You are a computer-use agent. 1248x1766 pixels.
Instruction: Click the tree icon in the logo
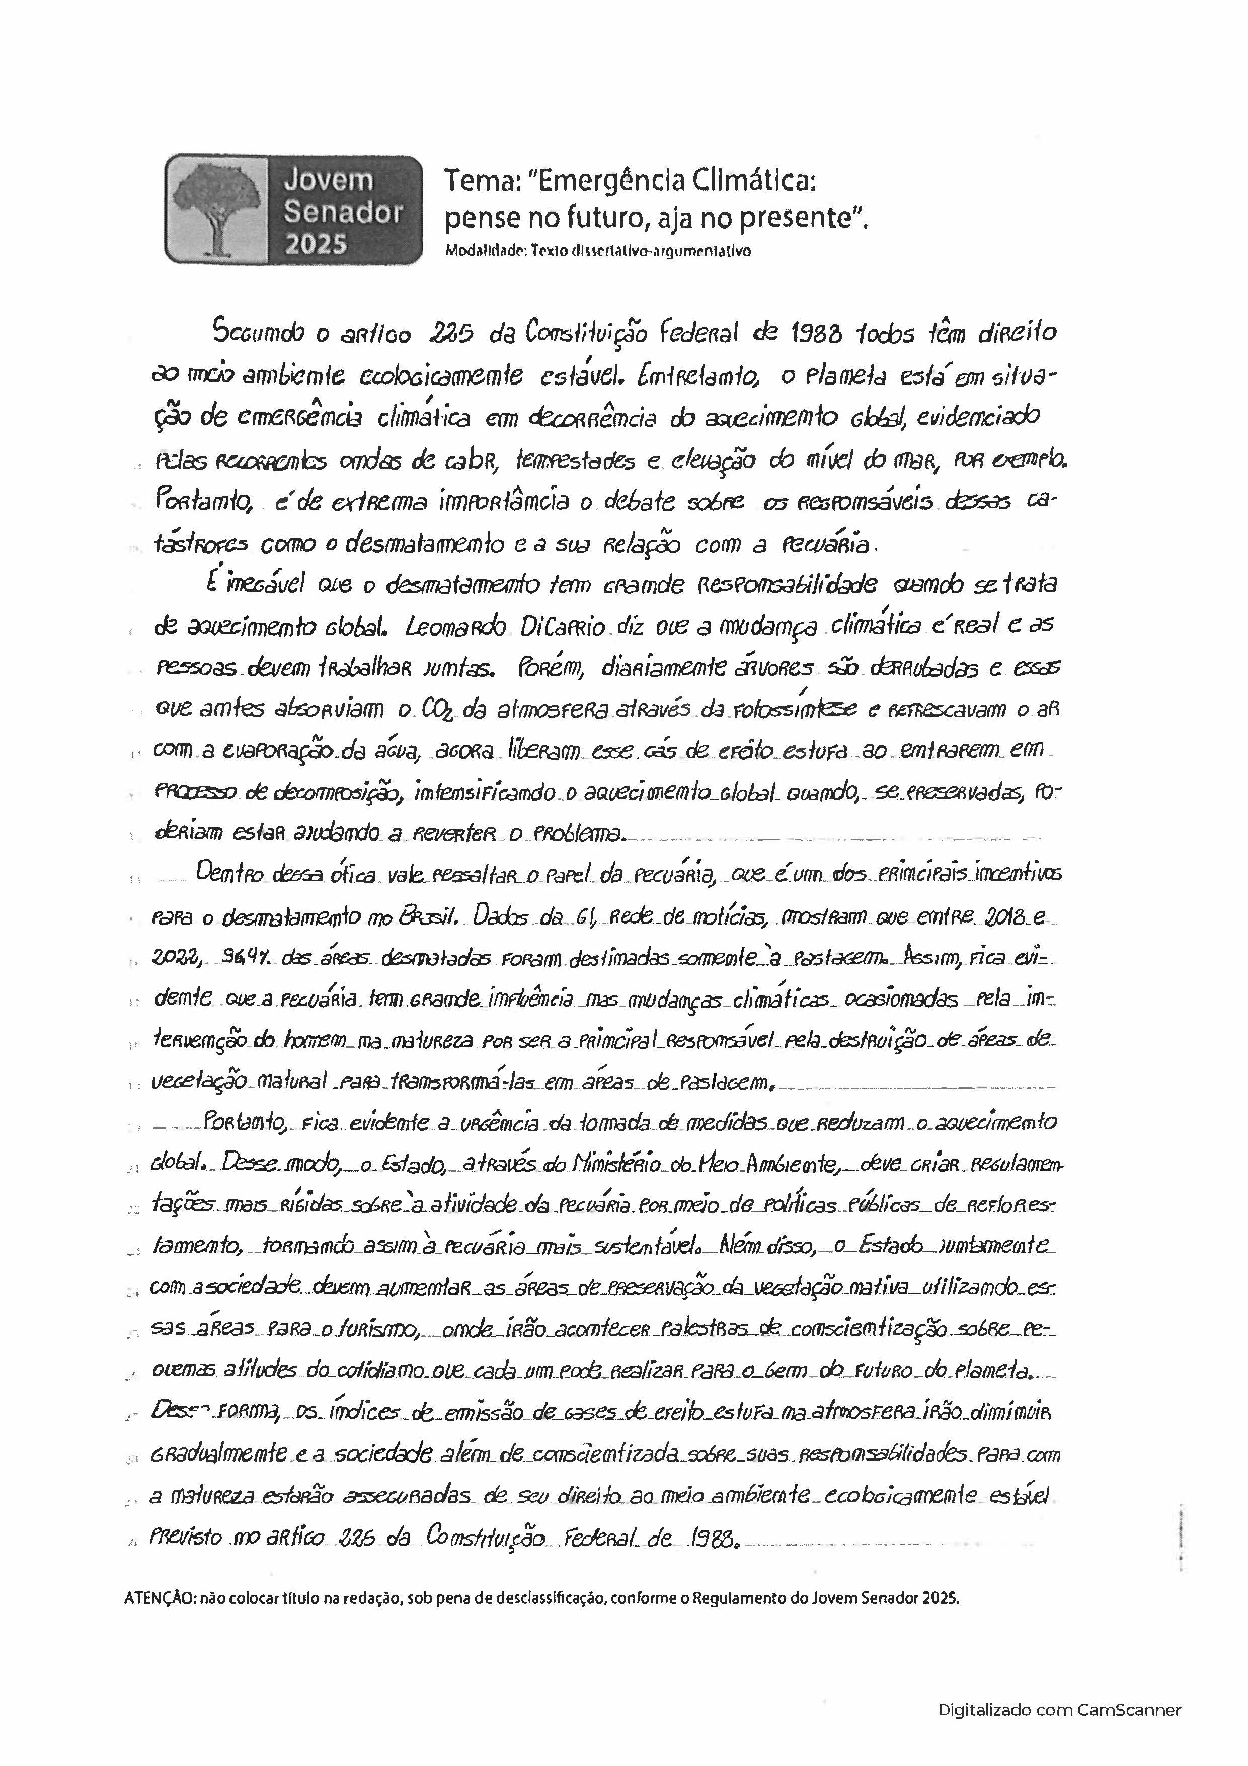point(214,209)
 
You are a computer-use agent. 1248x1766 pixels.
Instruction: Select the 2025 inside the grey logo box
point(316,244)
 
